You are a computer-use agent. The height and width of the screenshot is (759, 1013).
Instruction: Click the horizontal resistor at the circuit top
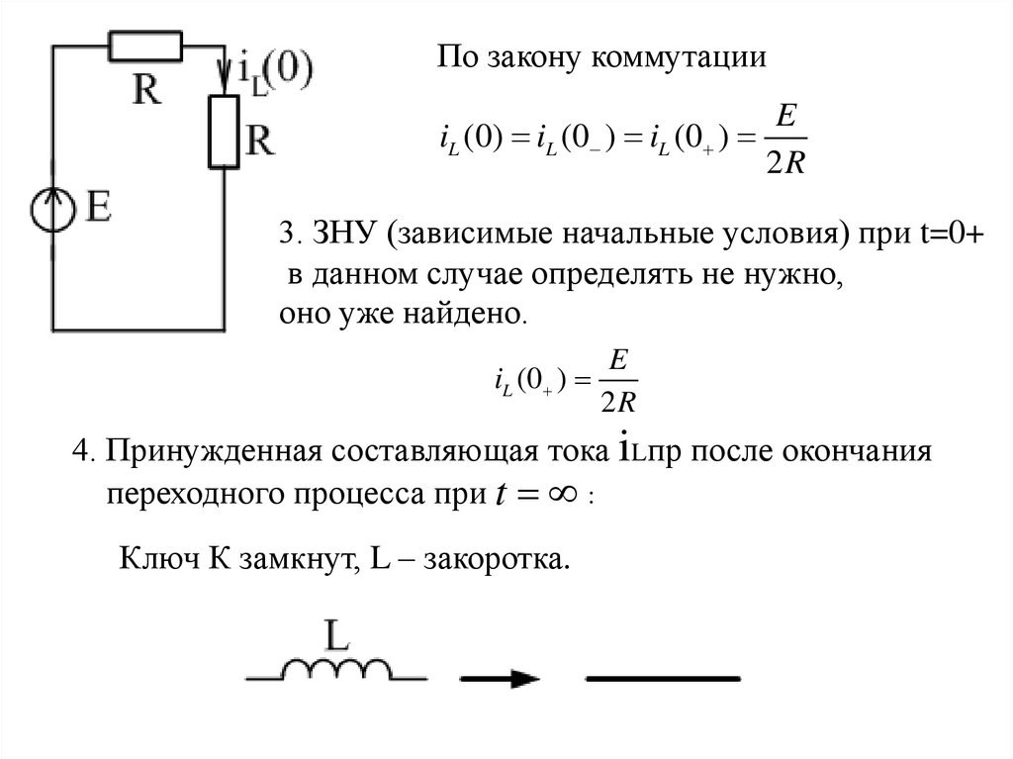(x=144, y=46)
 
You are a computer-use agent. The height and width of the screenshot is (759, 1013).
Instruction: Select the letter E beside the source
(x=99, y=208)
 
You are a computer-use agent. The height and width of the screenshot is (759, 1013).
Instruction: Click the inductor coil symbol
(x=336, y=670)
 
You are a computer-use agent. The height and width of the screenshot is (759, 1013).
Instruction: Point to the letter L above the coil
(x=335, y=634)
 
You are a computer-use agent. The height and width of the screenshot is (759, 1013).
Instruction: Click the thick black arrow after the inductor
(x=501, y=678)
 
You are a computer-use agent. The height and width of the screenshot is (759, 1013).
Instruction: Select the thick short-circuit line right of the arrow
(x=663, y=678)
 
